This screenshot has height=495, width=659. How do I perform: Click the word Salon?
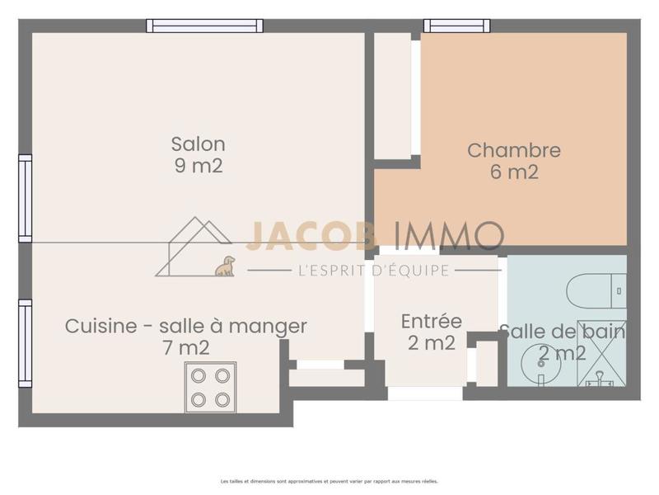tap(198, 144)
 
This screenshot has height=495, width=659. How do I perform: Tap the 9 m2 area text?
tap(198, 166)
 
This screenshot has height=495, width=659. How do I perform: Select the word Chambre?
tap(514, 150)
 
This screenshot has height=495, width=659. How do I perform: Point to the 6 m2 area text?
tap(514, 172)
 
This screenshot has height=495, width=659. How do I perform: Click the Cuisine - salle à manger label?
tap(186, 326)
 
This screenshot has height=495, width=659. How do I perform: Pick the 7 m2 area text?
tap(186, 348)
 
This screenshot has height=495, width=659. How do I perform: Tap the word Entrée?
tap(432, 321)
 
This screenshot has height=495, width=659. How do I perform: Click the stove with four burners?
tap(210, 387)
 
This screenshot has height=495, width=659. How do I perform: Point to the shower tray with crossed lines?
tap(601, 353)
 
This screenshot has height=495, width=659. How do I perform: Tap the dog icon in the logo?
tap(225, 266)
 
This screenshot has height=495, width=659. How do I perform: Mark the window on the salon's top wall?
tap(205, 26)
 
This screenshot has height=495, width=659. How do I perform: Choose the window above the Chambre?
tap(456, 26)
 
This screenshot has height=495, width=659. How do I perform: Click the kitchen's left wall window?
tap(26, 343)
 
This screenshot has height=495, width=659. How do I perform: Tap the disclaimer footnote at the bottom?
tap(329, 481)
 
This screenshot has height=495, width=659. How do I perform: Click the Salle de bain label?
tap(563, 332)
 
